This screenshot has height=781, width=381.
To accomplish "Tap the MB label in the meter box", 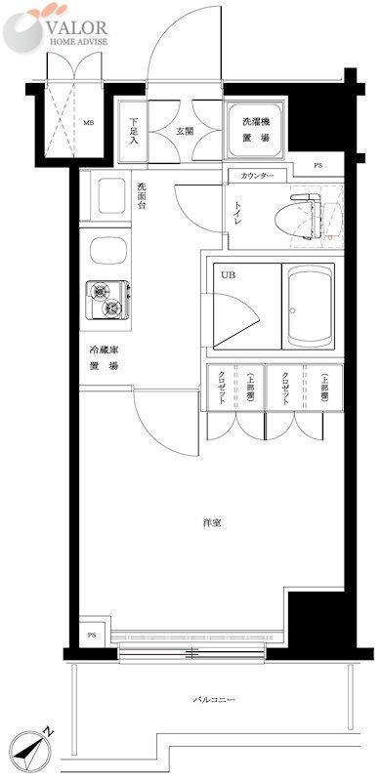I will [87, 123].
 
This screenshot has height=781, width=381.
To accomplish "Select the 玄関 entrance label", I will [184, 130].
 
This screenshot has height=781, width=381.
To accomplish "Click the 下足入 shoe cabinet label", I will [134, 130].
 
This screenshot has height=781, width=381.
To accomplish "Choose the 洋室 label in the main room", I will [212, 524].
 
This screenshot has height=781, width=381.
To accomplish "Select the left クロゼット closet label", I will [223, 388].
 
